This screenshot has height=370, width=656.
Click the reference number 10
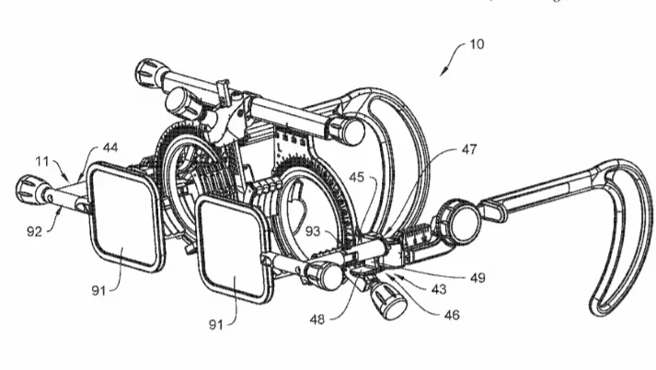coord(477,44)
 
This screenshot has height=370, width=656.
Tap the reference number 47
coord(469,149)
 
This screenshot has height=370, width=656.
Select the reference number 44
coord(110,147)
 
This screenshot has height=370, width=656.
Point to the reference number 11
coord(41,161)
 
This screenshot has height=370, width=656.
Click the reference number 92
coord(35,231)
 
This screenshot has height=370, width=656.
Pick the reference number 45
coord(356,177)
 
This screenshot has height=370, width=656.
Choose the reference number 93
coord(313,231)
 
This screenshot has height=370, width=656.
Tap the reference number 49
coord(478,278)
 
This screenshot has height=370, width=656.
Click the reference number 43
coord(439,289)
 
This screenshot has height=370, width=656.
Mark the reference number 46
coord(452,315)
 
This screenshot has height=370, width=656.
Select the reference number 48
coord(317,319)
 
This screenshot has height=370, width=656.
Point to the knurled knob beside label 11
coord(28,190)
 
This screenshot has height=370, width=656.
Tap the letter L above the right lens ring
coord(280,148)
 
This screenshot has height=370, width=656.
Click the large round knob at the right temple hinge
coord(461,222)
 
